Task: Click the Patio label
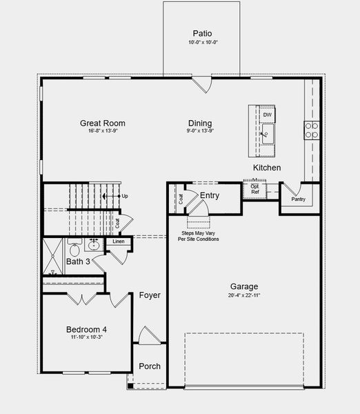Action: [201, 33]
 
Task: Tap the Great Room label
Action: [102, 124]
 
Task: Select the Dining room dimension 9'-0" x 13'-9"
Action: [201, 131]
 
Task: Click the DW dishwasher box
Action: [267, 115]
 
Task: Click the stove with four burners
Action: [312, 130]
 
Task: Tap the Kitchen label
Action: [267, 168]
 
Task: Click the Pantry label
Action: [298, 199]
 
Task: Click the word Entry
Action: [210, 196]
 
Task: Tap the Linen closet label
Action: [119, 241]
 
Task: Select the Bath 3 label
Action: [78, 262]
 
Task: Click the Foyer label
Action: [150, 295]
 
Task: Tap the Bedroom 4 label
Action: [86, 329]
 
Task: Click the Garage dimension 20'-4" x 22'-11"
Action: [244, 295]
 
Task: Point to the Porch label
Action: [150, 366]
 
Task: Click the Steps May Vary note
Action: [199, 236]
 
